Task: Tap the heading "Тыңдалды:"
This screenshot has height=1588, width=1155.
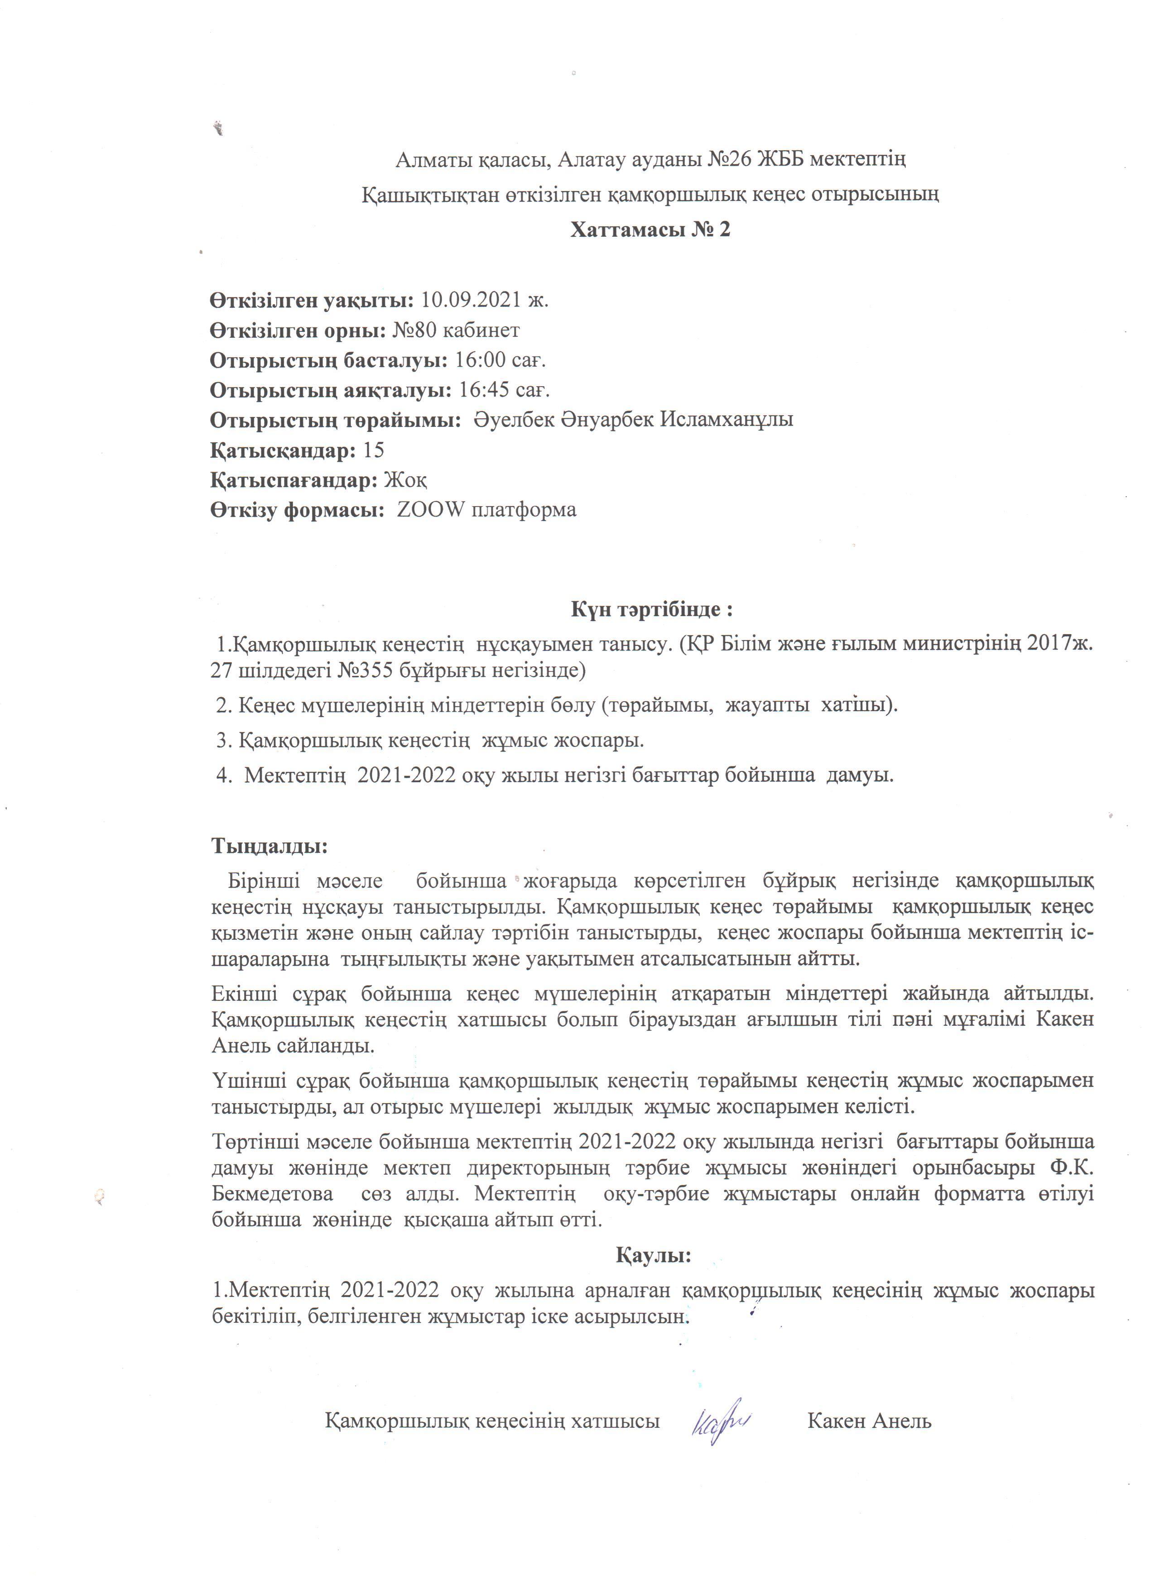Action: click(x=269, y=846)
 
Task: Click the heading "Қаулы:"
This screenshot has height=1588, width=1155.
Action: click(x=654, y=1255)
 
